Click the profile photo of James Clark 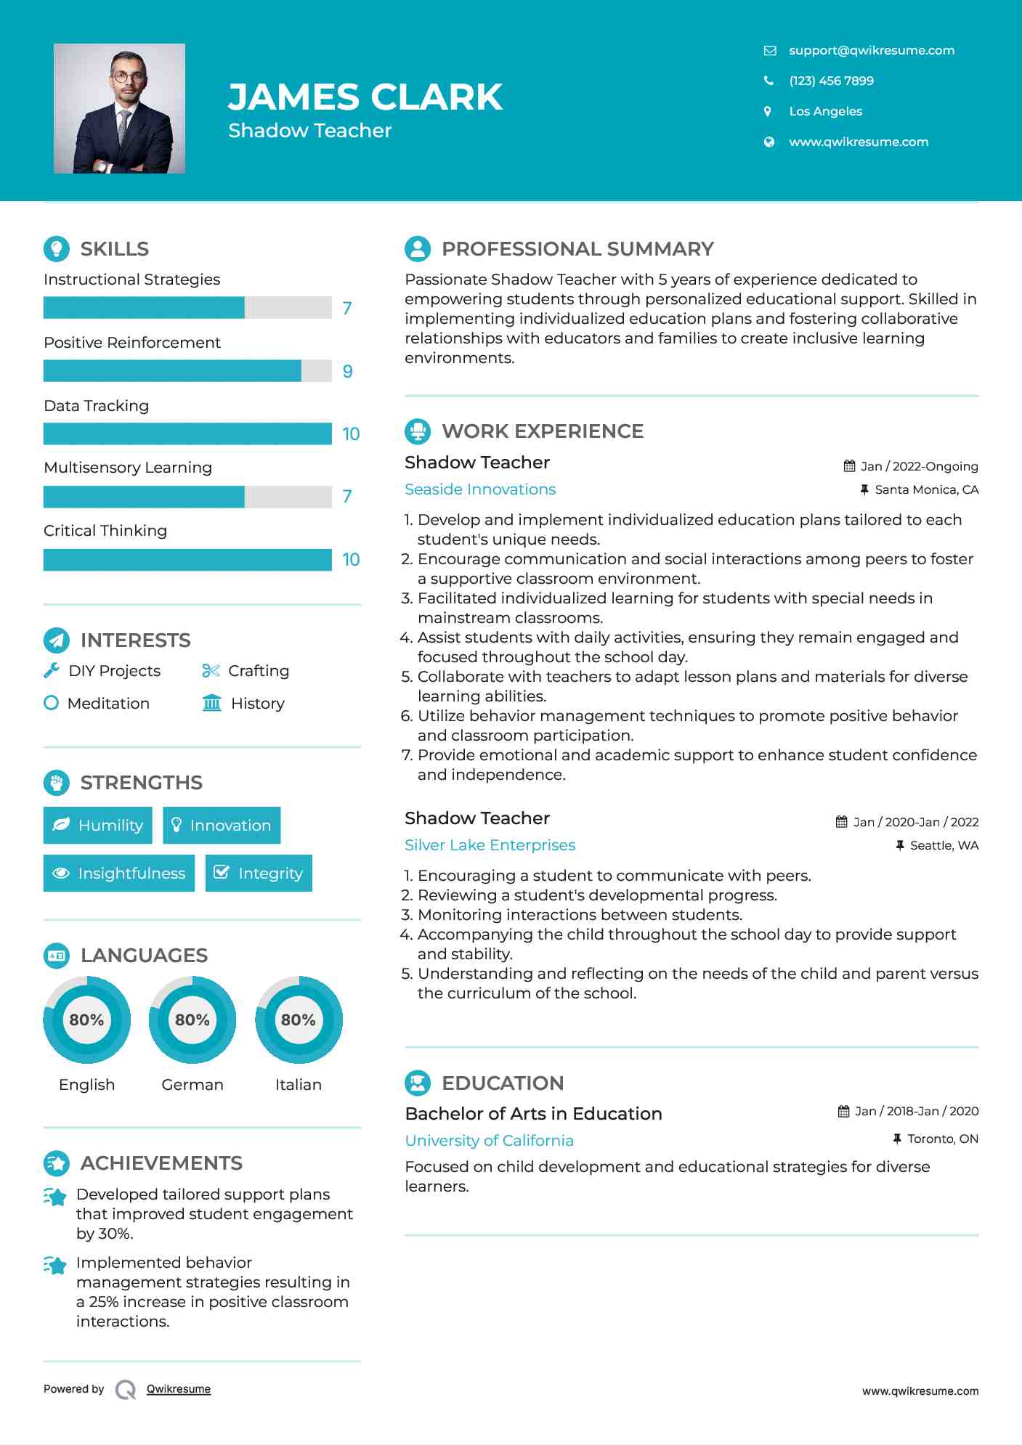(119, 108)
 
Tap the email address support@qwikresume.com (871, 50)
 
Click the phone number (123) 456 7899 (831, 81)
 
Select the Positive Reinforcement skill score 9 (347, 371)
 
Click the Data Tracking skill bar (187, 433)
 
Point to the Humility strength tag (98, 825)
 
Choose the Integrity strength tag (259, 873)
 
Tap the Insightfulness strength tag (119, 873)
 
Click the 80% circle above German (192, 1019)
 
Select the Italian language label (298, 1084)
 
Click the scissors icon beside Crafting (211, 670)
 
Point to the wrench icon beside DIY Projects (52, 670)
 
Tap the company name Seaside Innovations (480, 489)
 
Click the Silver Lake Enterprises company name (490, 845)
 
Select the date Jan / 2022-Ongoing (919, 466)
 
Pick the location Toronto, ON (942, 1139)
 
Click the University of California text (489, 1141)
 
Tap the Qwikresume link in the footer (179, 1389)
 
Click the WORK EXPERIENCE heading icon (418, 431)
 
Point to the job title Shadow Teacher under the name (310, 131)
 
